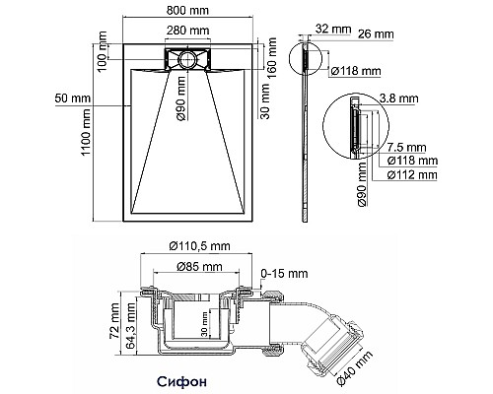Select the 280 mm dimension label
[186, 31]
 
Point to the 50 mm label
[74, 98]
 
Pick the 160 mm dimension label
[269, 60]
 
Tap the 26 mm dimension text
[375, 34]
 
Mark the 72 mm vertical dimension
[114, 318]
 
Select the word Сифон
[182, 378]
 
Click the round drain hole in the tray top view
[185, 59]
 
